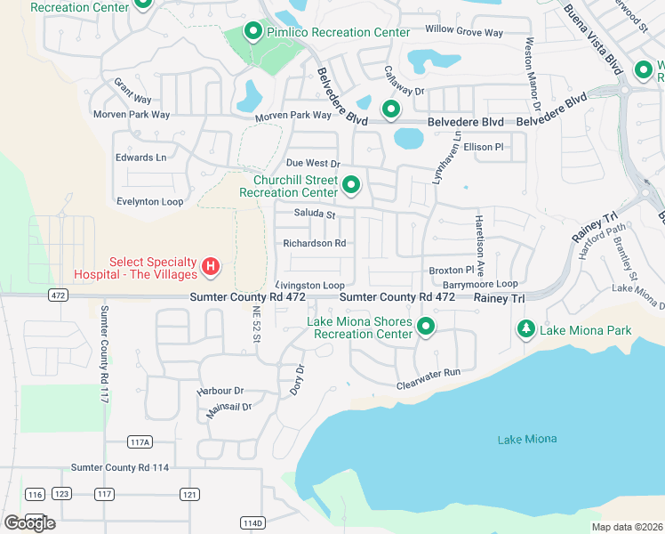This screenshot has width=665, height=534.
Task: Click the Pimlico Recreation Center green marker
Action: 252,32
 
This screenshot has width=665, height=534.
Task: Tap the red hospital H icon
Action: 211,266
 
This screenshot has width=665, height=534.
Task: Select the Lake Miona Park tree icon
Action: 526,330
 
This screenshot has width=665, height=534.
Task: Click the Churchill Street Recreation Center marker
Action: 352,185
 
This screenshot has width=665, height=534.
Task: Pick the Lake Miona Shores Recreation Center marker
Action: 426,327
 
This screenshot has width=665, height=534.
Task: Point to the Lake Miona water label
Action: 527,439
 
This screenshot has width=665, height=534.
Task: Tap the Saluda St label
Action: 315,214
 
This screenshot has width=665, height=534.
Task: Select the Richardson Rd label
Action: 314,243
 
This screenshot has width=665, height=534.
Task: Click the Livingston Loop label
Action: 309,285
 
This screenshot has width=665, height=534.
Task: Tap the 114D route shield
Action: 252,523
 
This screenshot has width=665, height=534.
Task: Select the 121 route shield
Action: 188,494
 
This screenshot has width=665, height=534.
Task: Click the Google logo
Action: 29,522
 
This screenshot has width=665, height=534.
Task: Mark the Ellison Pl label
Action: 484,147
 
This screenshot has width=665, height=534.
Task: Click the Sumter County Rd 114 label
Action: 120,467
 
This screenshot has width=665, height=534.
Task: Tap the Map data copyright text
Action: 626,527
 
